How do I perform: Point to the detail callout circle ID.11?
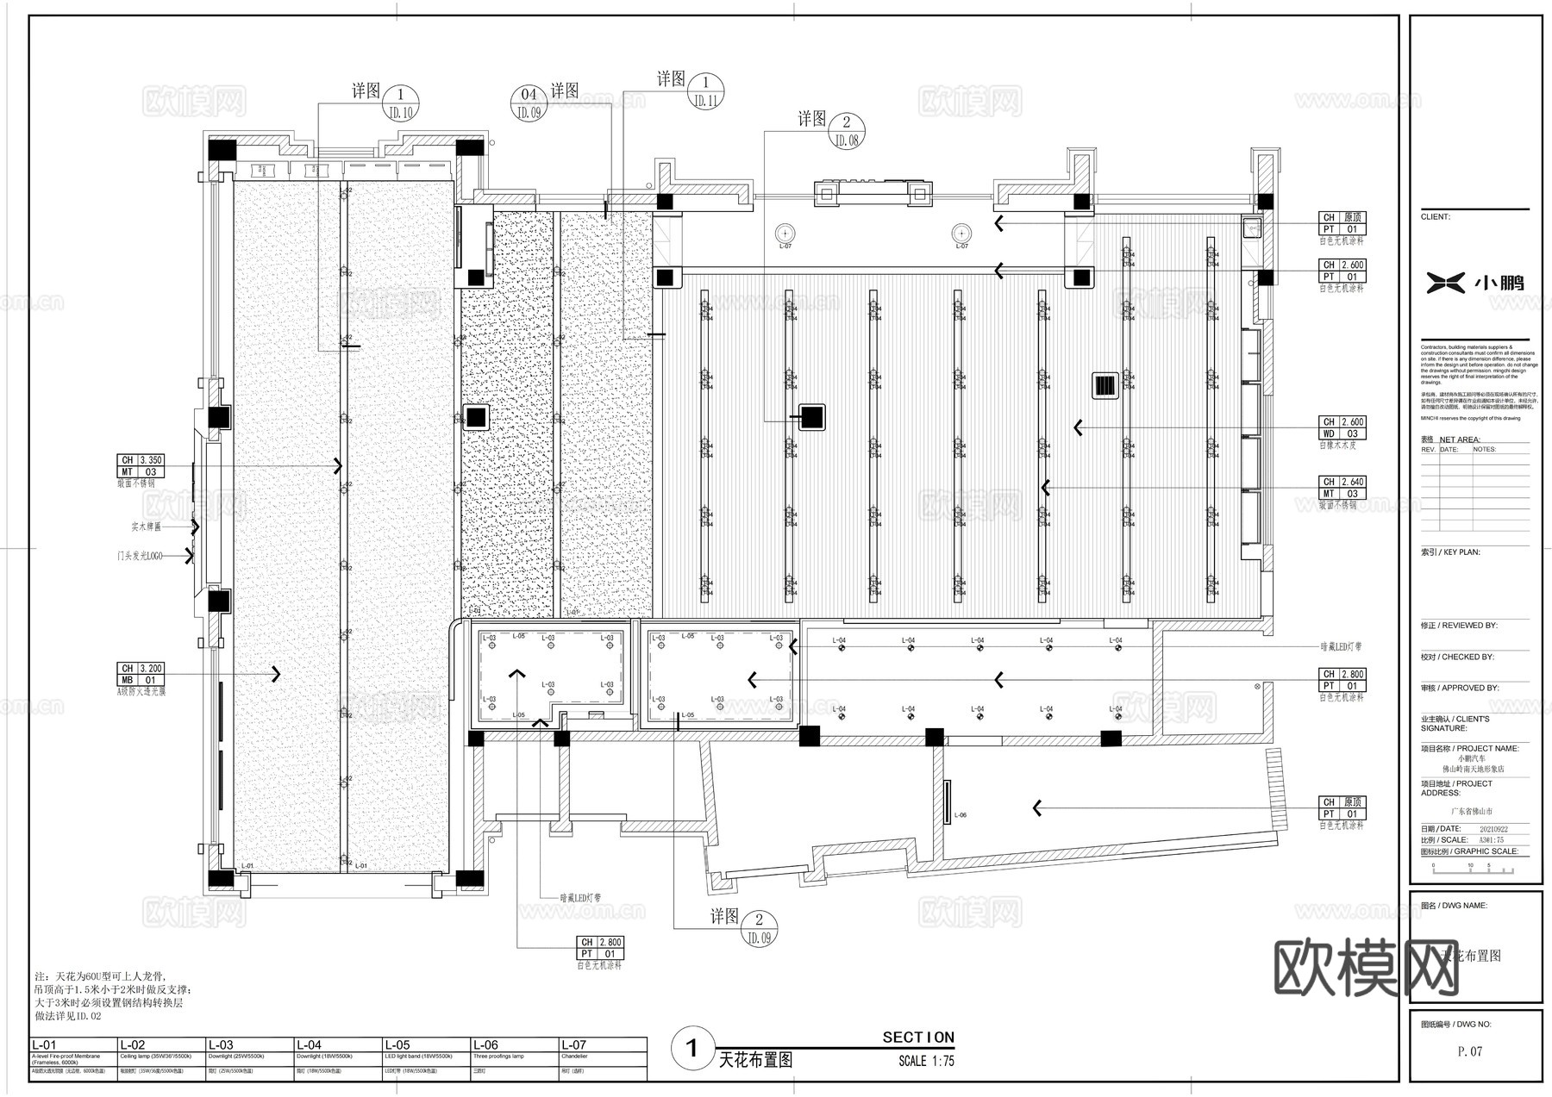click(x=705, y=90)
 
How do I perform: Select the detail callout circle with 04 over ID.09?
click(x=529, y=103)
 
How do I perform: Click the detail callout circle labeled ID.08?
click(x=846, y=131)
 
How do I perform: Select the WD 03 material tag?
click(x=1342, y=433)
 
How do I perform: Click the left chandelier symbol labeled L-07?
click(x=785, y=233)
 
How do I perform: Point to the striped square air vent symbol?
click(x=1105, y=385)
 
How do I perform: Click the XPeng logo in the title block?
click(x=1475, y=282)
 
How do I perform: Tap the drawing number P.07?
click(x=1469, y=1051)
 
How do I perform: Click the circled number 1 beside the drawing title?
click(x=692, y=1049)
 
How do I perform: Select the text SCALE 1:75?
click(x=925, y=1061)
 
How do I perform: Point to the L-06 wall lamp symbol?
click(x=947, y=801)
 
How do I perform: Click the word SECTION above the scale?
click(x=917, y=1038)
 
